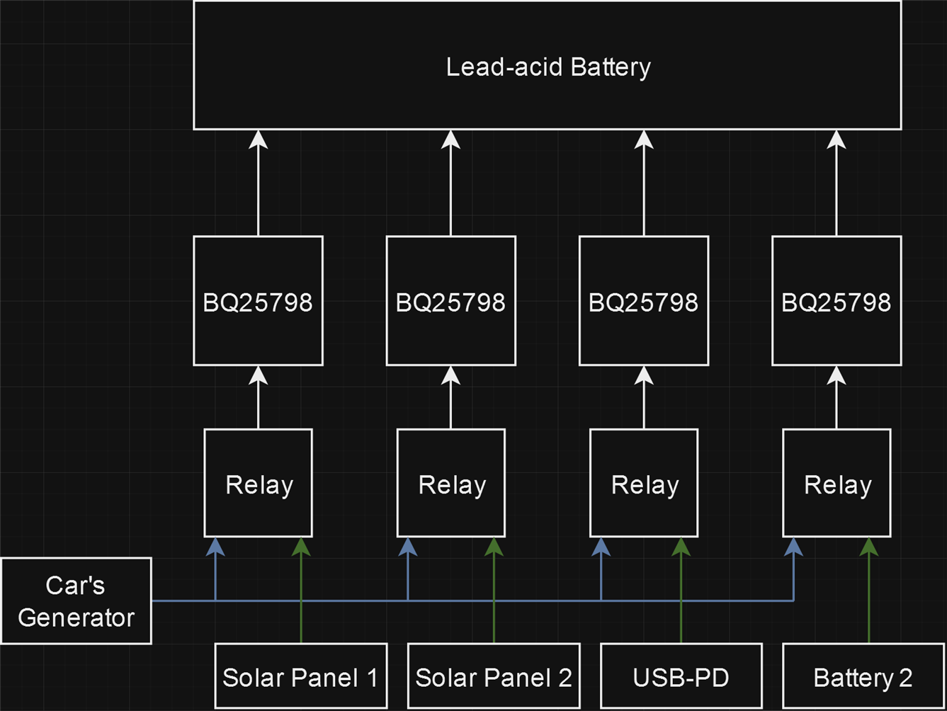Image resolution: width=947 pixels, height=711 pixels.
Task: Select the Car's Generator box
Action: tap(76, 601)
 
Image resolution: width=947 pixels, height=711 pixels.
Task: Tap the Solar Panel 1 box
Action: tap(300, 676)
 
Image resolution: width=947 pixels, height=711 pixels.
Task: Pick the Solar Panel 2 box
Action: tap(493, 676)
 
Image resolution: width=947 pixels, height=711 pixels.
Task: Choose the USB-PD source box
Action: tap(681, 676)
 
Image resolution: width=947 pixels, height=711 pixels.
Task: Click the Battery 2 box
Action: tap(862, 676)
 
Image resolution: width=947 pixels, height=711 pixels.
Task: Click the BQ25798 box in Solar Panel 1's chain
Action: tap(258, 301)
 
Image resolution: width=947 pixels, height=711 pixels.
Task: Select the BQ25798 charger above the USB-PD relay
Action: tap(643, 301)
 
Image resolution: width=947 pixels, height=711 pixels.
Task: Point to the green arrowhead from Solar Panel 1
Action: tap(301, 546)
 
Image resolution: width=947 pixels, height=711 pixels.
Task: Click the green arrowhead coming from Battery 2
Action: tap(868, 546)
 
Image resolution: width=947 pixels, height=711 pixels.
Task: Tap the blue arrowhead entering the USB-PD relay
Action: tap(601, 546)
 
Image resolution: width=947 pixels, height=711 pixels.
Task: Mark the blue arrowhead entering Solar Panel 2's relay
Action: tap(408, 546)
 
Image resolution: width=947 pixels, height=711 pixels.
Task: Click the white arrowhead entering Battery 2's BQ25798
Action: tap(837, 375)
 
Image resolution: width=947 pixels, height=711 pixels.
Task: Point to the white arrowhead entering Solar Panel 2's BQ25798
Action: tap(451, 375)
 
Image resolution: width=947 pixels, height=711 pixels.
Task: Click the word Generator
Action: tap(76, 618)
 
